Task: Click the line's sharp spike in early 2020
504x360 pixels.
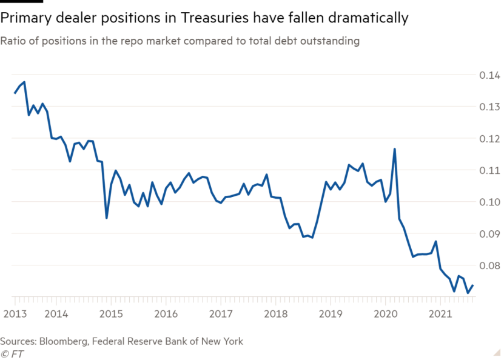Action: click(x=395, y=149)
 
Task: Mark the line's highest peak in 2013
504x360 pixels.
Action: click(x=24, y=82)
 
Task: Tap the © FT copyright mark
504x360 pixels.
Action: click(x=12, y=354)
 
